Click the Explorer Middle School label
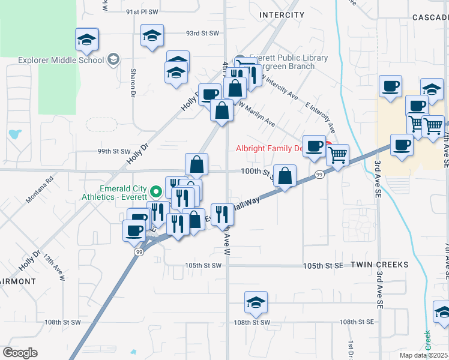(x=61, y=60)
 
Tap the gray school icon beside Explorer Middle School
(x=113, y=59)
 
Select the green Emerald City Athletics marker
(x=156, y=192)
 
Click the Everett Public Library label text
(x=289, y=58)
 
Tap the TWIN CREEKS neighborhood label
(x=379, y=265)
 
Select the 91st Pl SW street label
(x=142, y=12)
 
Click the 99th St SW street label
(x=114, y=152)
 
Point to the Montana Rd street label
(x=40, y=188)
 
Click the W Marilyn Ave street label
(x=258, y=113)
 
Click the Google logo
(x=20, y=353)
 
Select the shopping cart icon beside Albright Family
(x=338, y=155)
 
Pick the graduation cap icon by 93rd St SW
(x=152, y=35)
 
